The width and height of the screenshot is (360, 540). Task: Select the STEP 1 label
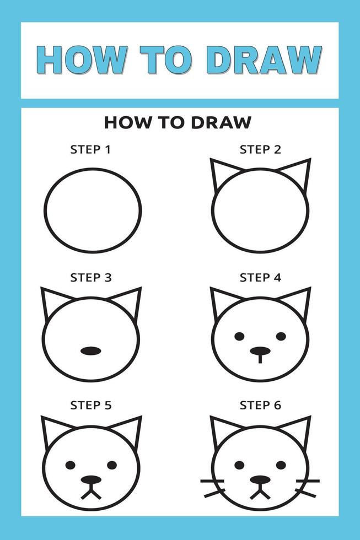tap(91, 149)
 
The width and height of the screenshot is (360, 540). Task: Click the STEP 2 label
tap(260, 149)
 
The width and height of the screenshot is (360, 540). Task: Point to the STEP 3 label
tap(91, 278)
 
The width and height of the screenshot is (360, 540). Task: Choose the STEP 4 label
tap(260, 278)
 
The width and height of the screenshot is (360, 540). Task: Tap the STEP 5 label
tap(91, 406)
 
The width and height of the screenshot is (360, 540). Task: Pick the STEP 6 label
tap(260, 406)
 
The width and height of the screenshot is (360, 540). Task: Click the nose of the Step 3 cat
tap(91, 350)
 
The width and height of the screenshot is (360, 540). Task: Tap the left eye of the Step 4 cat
tap(239, 336)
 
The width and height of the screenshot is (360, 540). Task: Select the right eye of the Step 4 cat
tap(281, 336)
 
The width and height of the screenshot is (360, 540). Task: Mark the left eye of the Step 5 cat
tap(71, 465)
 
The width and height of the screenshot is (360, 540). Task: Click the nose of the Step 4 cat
tap(260, 350)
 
